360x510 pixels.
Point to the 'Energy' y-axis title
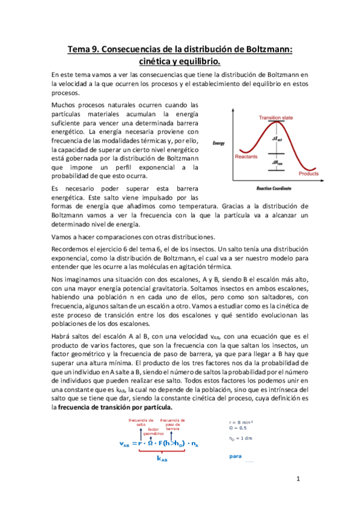(x=219, y=143)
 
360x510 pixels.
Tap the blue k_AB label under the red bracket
(x=162, y=458)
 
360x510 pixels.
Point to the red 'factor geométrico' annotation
(x=153, y=431)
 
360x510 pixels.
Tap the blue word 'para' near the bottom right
(x=235, y=456)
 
